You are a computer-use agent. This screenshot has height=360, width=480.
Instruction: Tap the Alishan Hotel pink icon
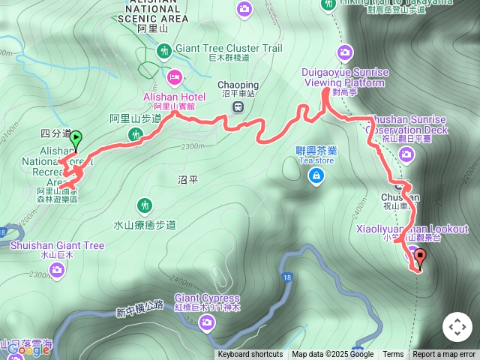click(175, 76)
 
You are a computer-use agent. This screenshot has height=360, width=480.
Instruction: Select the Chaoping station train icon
click(238, 106)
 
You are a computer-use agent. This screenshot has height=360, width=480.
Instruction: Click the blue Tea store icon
click(316, 175)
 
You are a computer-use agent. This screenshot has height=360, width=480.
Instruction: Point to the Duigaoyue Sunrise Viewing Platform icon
click(345, 52)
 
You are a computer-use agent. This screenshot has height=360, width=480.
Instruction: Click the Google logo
click(28, 349)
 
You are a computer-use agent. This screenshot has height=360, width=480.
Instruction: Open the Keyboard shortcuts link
click(250, 355)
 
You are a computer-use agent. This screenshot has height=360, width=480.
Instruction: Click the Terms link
click(393, 355)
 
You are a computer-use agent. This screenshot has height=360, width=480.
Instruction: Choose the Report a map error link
click(444, 355)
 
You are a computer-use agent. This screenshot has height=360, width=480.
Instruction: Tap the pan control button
click(457, 327)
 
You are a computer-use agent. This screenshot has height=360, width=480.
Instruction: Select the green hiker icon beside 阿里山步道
click(136, 134)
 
